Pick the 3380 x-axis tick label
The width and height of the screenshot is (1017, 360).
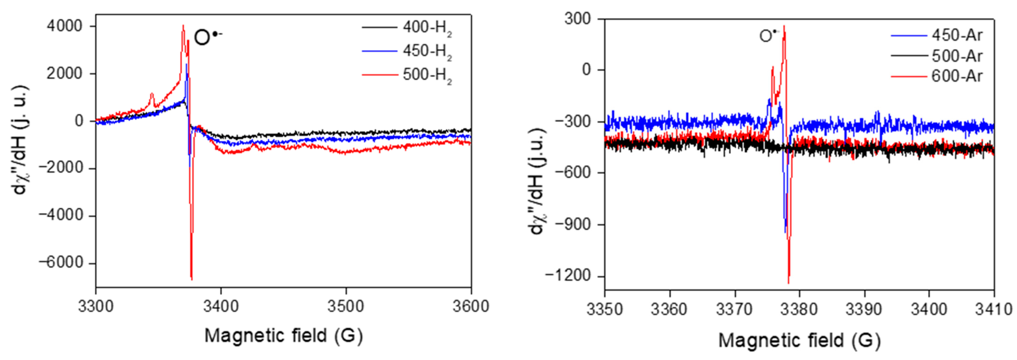click(x=800, y=309)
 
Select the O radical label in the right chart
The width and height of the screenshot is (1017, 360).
click(x=768, y=36)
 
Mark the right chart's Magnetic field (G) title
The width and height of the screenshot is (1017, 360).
click(x=800, y=340)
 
